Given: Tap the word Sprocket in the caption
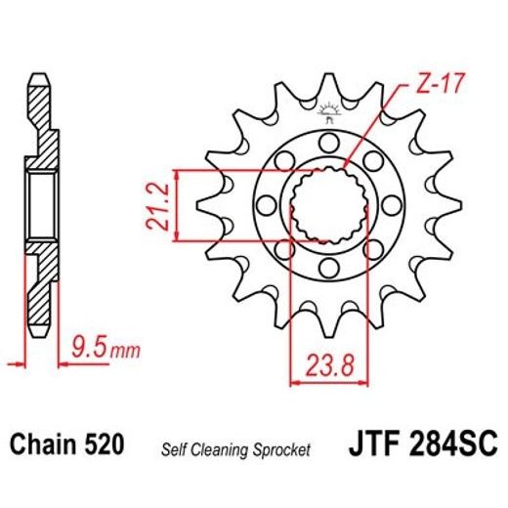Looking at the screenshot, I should (282, 449).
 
